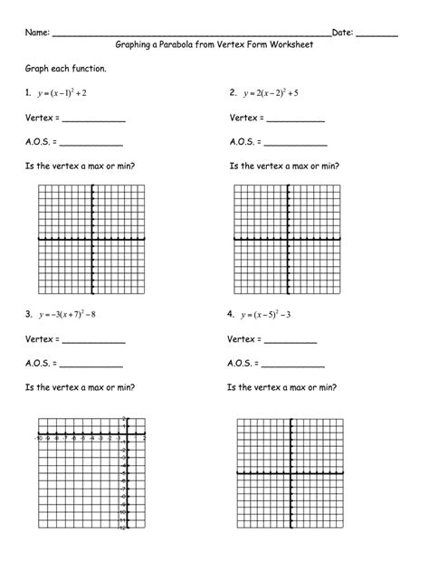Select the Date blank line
pos(377,35)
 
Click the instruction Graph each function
pos(65,69)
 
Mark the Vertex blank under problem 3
pos(94,343)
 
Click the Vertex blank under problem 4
pos(291,343)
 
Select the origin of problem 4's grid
pos(291,473)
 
